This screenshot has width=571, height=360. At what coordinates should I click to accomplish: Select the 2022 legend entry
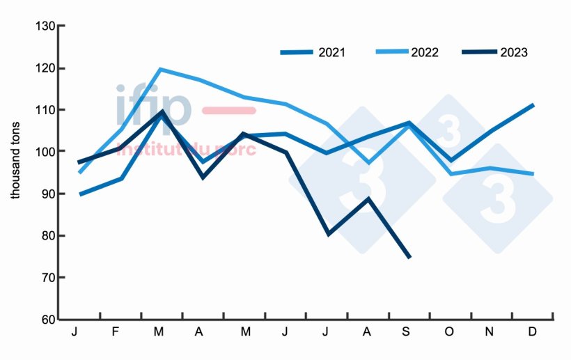tap(407, 52)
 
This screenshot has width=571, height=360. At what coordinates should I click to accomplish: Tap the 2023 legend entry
tap(494, 52)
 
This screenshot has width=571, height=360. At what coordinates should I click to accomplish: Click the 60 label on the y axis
tap(47, 320)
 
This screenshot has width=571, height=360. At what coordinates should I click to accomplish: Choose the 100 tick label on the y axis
tap(45, 152)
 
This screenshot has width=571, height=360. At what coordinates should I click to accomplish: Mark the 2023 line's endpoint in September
tap(409, 258)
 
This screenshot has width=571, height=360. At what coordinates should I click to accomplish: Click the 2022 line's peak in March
tap(159, 69)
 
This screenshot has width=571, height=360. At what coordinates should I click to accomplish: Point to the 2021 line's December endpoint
tap(533, 104)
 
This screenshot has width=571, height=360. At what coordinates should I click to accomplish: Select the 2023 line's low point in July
tap(327, 234)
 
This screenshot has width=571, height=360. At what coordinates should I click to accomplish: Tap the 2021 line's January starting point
tap(81, 194)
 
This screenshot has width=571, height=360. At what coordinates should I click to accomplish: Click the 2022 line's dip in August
tap(368, 163)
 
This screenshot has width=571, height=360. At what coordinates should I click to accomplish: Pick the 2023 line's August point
tap(368, 198)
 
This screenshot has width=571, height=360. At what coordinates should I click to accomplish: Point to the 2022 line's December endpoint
tap(533, 174)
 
